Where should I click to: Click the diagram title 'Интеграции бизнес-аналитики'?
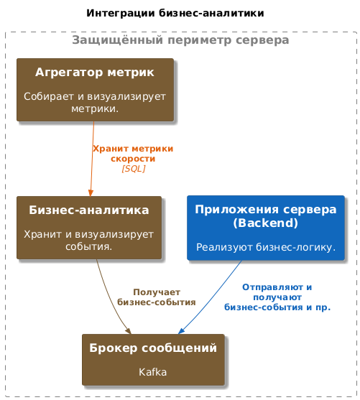coord(175,13)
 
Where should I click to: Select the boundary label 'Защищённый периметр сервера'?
coord(180,40)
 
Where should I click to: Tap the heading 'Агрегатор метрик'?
coord(95,73)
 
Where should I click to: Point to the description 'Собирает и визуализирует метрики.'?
coord(95,102)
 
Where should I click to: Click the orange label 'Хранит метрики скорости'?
coord(133,154)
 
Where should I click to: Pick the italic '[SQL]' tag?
coord(134,169)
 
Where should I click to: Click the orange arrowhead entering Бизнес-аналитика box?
coord(91,193)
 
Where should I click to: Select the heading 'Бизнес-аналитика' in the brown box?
coord(89,210)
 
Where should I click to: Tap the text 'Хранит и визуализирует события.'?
coord(89,240)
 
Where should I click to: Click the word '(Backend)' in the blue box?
coord(266,223)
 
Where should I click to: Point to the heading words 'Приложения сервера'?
coord(266,210)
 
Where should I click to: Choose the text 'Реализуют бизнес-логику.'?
coord(266,247)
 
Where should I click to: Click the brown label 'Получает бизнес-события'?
coord(157,297)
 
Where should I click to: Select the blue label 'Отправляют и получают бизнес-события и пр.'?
coord(277,297)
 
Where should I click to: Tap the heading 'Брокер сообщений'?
coord(153,348)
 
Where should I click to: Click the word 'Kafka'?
coord(152,372)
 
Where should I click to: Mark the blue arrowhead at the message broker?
coord(181,331)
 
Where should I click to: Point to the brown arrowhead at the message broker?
coord(128,330)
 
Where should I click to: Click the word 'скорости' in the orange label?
coord(133,159)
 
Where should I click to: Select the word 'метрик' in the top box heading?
coord(131,73)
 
